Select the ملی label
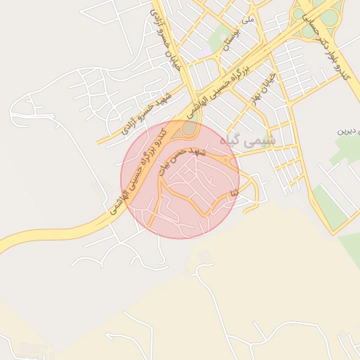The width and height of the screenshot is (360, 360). (x=247, y=20)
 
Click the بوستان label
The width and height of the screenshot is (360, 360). (x=226, y=48)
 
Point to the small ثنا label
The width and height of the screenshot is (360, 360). (x=235, y=191)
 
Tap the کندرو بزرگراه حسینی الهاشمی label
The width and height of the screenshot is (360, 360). (x=136, y=171)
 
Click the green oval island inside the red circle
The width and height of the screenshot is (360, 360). (x=188, y=129)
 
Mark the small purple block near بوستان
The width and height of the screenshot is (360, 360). (x=204, y=52)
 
